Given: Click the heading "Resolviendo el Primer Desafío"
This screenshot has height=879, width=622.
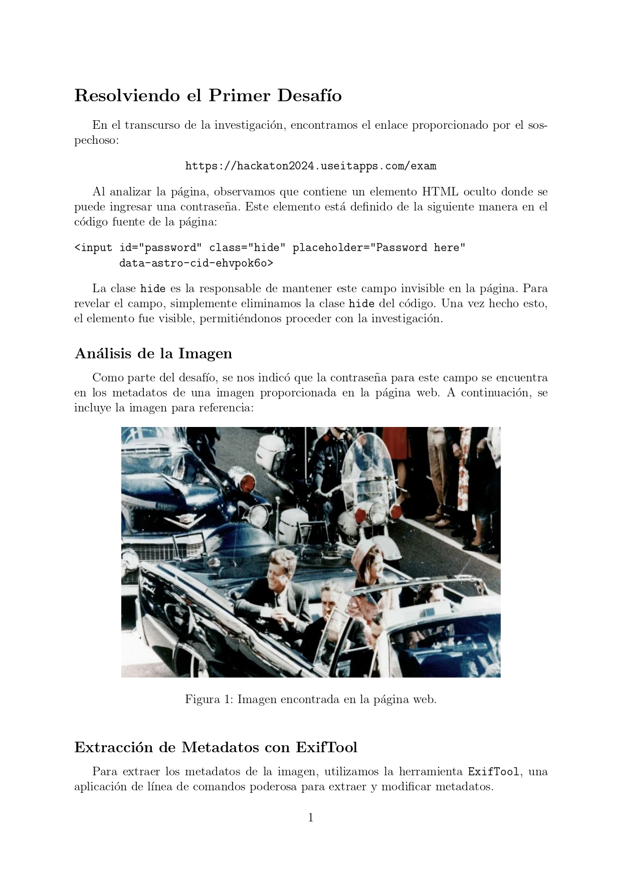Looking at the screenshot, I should click(x=208, y=95).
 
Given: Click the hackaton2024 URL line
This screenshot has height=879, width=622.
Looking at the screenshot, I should click(x=310, y=166).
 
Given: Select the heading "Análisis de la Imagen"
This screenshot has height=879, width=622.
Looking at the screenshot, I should click(x=153, y=353).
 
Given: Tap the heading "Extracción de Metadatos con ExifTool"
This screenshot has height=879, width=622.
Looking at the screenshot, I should click(x=216, y=747).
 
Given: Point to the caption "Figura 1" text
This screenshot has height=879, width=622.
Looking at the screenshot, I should click(x=310, y=699).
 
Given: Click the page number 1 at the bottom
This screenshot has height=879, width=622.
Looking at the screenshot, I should click(x=311, y=818).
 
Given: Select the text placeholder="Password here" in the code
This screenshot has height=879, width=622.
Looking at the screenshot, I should click(x=379, y=248).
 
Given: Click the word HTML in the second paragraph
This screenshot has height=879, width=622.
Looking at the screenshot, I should click(x=440, y=191).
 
